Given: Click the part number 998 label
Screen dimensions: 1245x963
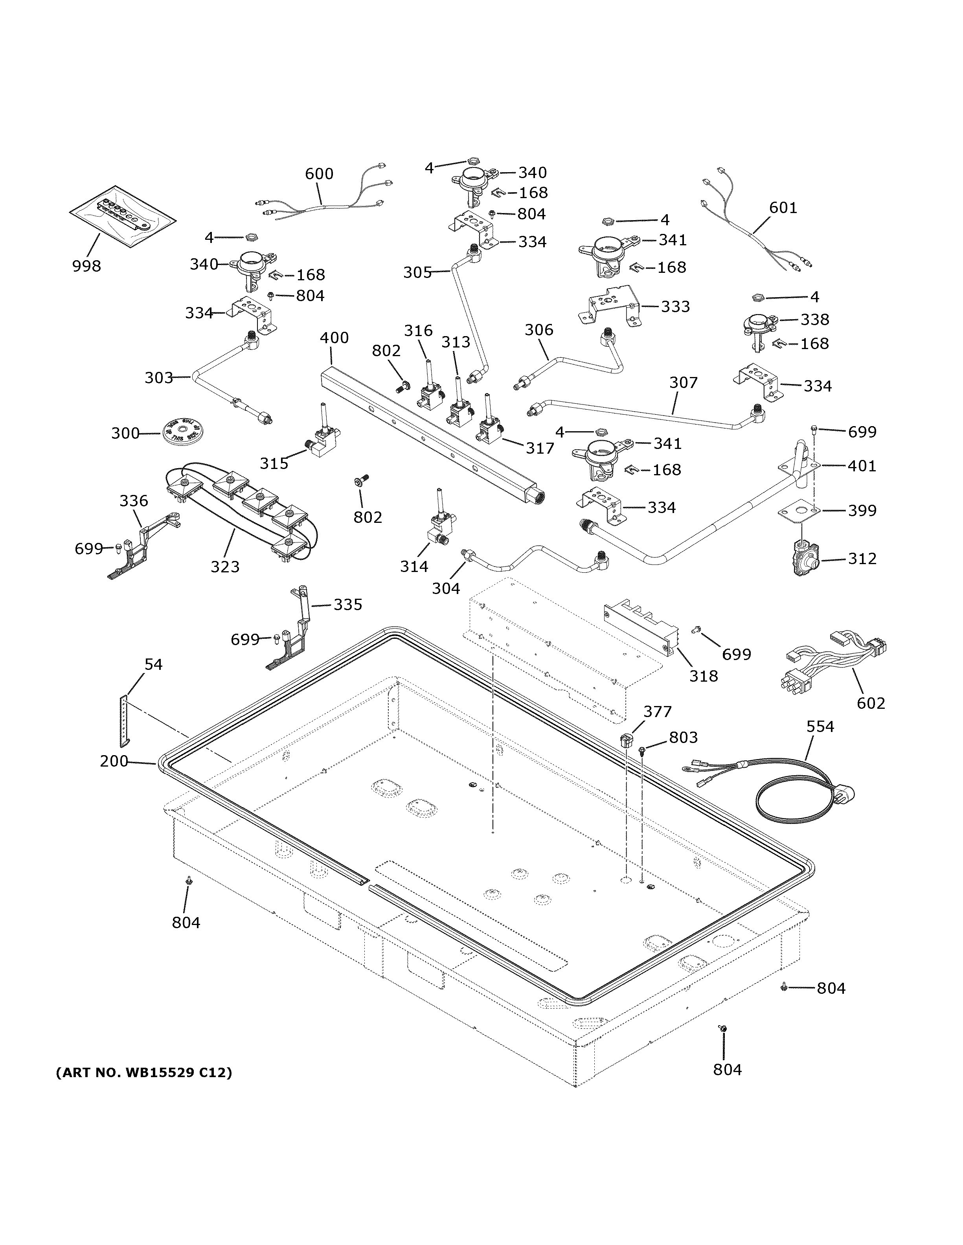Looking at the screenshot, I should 86,266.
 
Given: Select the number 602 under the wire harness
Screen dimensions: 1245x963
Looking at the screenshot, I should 871,703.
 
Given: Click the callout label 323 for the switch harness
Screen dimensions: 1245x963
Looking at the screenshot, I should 225,566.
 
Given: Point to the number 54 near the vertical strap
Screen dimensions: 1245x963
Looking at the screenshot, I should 153,664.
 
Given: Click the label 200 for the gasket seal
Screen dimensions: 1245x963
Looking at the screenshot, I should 114,761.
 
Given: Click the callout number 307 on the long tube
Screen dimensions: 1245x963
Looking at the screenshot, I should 683,382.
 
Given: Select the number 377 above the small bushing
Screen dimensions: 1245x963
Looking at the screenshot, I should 658,712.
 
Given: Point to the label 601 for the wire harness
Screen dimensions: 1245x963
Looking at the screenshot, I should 783,208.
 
